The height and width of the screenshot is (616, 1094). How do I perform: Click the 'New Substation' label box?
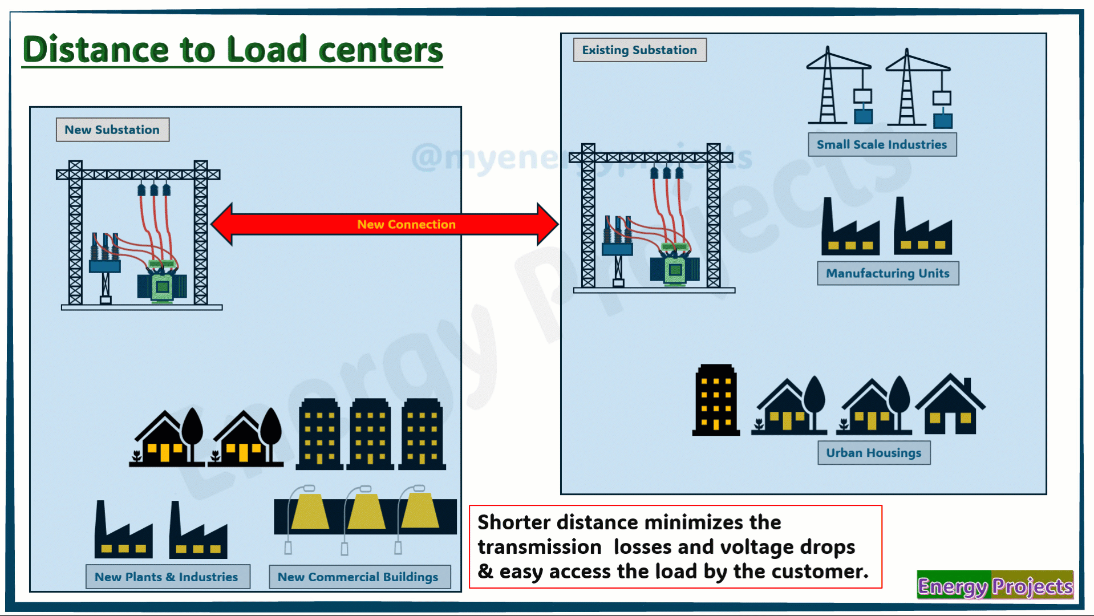pyautogui.click(x=112, y=129)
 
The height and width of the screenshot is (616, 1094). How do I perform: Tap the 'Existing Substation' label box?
pyautogui.click(x=639, y=50)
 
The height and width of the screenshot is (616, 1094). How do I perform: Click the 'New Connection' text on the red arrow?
pyautogui.click(x=406, y=224)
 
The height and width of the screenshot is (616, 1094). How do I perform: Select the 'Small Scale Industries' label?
pyautogui.click(x=882, y=144)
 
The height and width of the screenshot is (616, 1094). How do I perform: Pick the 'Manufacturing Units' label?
pyautogui.click(x=888, y=273)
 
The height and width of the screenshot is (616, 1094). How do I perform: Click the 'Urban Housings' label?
pyautogui.click(x=873, y=453)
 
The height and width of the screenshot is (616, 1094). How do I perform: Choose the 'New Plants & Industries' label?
pyautogui.click(x=167, y=577)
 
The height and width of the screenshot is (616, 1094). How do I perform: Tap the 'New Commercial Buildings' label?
pyautogui.click(x=358, y=577)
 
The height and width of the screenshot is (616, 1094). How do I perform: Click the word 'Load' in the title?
pyautogui.click(x=267, y=50)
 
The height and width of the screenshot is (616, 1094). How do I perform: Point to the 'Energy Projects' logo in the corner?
pyautogui.click(x=995, y=586)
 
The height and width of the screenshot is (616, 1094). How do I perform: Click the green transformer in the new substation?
pyautogui.click(x=162, y=285)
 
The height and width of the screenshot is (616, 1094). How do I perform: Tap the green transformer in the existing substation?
pyautogui.click(x=675, y=268)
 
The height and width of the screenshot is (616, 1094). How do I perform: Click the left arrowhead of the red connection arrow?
pyautogui.click(x=222, y=224)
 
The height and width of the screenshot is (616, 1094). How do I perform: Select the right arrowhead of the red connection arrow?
pyautogui.click(x=546, y=224)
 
